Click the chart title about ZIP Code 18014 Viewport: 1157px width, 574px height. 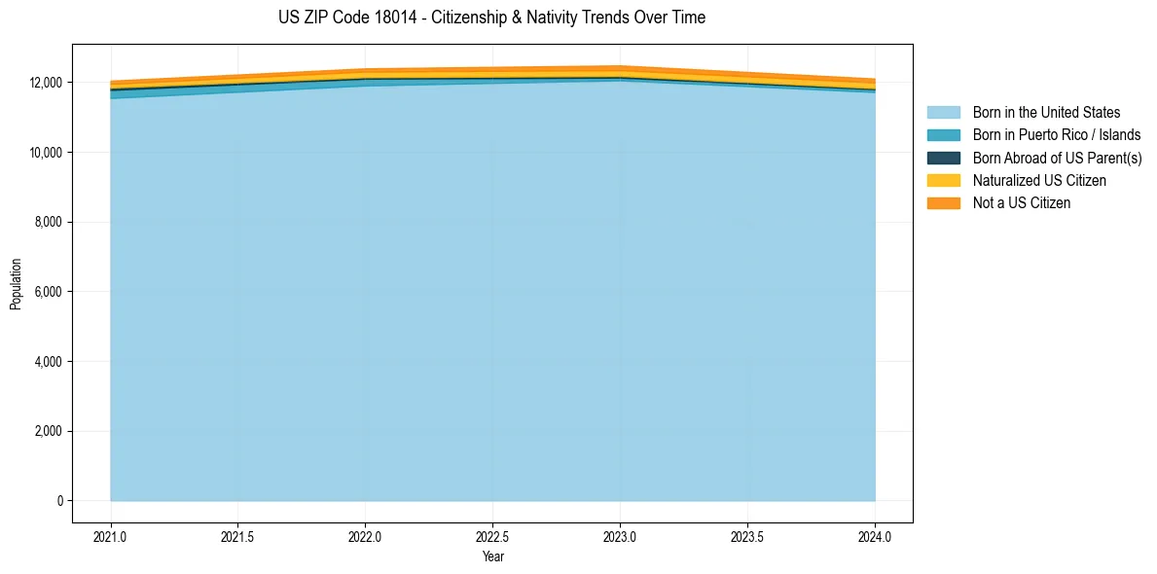click(x=491, y=18)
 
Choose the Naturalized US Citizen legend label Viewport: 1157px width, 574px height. click(x=1039, y=180)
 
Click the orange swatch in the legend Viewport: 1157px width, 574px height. click(x=943, y=202)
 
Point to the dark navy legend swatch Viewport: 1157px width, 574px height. click(x=943, y=158)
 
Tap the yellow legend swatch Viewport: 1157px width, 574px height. click(x=943, y=180)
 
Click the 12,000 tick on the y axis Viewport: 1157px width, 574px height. click(x=47, y=83)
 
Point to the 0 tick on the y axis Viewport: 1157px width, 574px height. click(x=59, y=501)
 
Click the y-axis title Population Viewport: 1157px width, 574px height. click(x=16, y=284)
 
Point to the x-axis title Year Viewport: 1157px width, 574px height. click(x=492, y=556)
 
